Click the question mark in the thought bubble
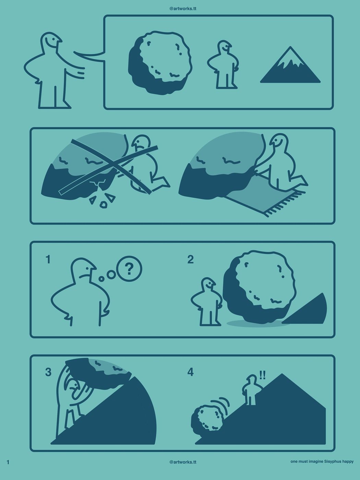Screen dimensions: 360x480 click(x=129, y=269)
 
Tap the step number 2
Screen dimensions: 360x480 click(x=190, y=260)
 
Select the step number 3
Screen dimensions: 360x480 click(x=48, y=372)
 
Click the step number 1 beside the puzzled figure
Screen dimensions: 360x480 click(x=48, y=260)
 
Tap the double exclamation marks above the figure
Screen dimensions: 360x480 click(x=262, y=375)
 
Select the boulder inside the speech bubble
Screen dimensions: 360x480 click(x=160, y=63)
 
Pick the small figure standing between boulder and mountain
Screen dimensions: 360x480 click(x=223, y=64)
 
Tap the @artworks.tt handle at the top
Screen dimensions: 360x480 click(x=183, y=9)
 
